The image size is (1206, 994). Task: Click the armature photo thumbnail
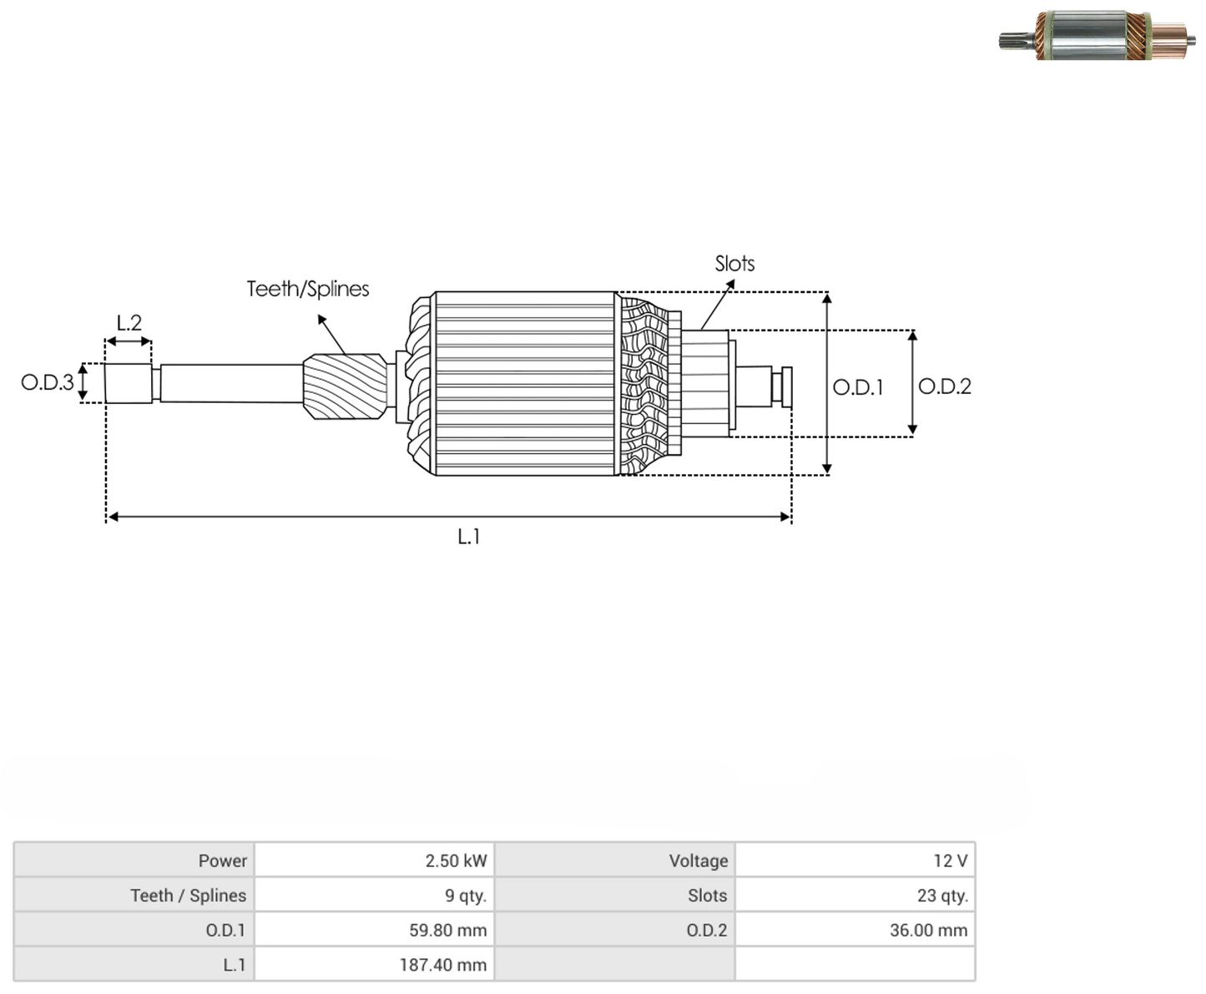coord(1097,36)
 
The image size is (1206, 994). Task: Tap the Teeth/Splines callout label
coord(308,289)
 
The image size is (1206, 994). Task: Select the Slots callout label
coord(734,264)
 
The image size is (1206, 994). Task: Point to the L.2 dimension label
coord(129,323)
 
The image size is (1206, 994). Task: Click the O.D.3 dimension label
coord(48,382)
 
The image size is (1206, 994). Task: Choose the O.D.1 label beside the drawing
coord(858,387)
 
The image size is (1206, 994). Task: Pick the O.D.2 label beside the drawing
coord(945,386)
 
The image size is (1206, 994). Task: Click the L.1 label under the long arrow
coord(469,537)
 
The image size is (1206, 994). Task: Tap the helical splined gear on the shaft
coord(346,386)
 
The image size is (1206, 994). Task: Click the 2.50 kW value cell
coord(374,860)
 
